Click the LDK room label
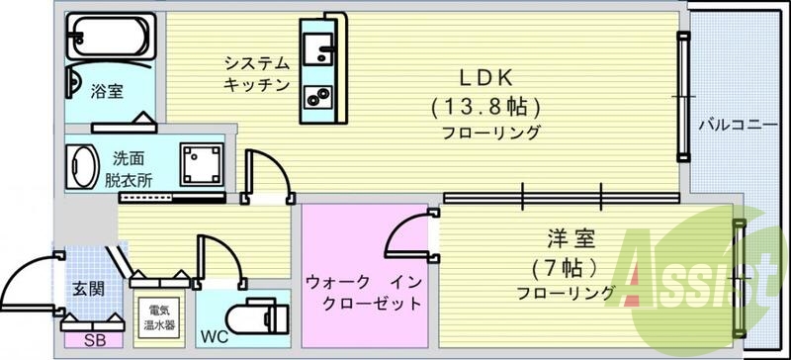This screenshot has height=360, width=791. (483, 76)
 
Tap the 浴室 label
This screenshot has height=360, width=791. (107, 92)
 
